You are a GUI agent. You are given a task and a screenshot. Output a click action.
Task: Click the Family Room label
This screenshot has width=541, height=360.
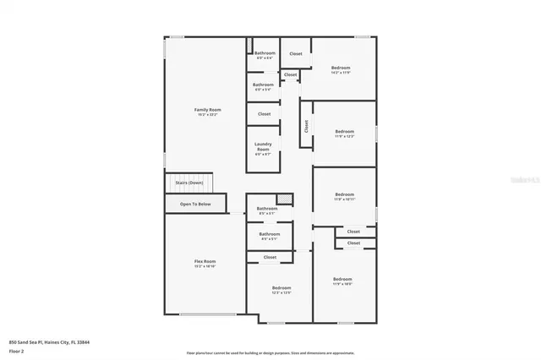click(x=207, y=109)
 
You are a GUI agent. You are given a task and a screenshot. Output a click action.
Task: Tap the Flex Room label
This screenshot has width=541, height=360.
click(x=205, y=261)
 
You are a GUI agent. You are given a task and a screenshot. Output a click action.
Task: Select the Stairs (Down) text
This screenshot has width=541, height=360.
click(x=189, y=183)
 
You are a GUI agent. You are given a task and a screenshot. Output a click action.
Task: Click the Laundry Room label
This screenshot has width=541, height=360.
click(x=264, y=146)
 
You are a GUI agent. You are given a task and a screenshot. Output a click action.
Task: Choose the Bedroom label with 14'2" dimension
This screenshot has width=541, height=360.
click(x=341, y=67)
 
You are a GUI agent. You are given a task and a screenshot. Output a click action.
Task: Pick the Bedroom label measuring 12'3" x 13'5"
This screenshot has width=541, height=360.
click(x=281, y=288)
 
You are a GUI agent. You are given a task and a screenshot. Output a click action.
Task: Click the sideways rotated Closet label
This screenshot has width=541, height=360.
click(x=305, y=127)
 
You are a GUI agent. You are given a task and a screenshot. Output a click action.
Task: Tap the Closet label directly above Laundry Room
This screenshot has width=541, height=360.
click(x=265, y=113)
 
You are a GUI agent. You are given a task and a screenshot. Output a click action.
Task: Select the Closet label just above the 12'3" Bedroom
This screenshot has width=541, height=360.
click(x=270, y=257)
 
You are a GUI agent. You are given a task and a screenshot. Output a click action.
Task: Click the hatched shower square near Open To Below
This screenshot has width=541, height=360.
click(x=285, y=199)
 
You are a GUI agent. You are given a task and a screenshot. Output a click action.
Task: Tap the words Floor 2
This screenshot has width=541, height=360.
click(x=17, y=350)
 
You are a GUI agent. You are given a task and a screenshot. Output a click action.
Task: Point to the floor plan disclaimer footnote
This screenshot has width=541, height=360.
click(x=270, y=352)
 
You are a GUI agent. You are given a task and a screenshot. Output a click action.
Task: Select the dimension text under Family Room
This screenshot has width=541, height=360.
click(x=207, y=114)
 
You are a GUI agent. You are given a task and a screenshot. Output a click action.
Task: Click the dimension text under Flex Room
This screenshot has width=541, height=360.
click(x=205, y=266)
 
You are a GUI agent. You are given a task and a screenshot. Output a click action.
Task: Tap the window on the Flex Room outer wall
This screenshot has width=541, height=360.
click(x=206, y=314)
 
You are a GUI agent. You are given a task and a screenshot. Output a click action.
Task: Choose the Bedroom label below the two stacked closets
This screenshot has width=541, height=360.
click(x=342, y=279)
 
